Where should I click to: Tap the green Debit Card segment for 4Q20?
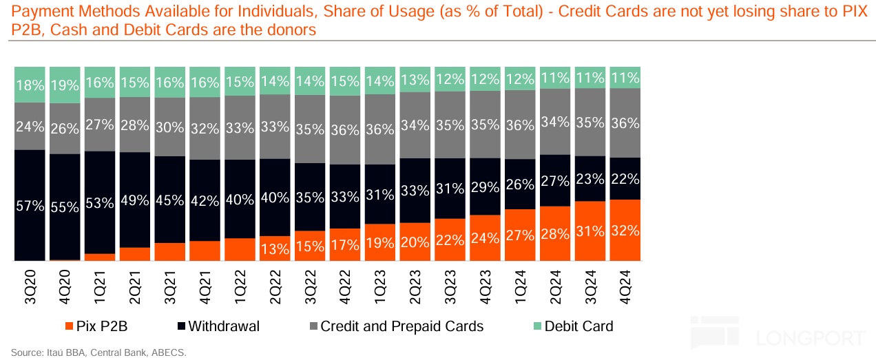[65, 85]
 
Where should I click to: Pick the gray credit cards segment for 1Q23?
[380, 129]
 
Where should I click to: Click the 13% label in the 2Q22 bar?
[275, 249]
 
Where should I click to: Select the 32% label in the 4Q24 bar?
[625, 231]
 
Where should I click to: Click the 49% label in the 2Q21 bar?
[135, 200]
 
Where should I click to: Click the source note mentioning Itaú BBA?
[98, 352]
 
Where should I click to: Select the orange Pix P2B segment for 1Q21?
[101, 257]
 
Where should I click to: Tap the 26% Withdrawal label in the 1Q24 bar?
[521, 184]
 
